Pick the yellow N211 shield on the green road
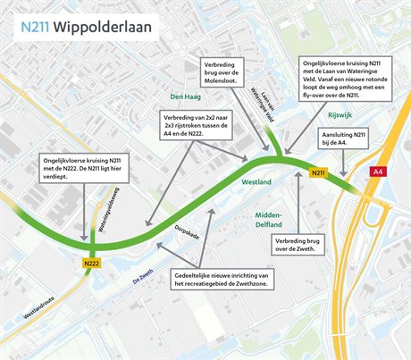318,172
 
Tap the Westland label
256,181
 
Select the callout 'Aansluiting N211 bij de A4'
370,137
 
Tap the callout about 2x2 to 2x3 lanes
197,126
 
